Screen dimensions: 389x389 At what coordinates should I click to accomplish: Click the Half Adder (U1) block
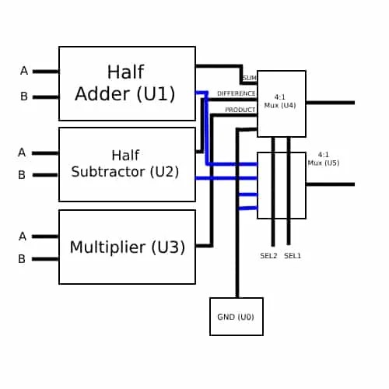coord(127,83)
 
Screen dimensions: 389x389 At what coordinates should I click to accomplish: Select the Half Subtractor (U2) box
coord(127,164)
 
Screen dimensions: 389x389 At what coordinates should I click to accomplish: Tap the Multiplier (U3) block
coord(127,247)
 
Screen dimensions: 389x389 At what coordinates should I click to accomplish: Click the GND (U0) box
coord(237,317)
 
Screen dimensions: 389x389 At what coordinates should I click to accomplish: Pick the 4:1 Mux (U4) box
coord(282,103)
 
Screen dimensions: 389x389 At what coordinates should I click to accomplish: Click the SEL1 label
coord(293,256)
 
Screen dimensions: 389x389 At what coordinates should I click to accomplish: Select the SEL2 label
coord(268,256)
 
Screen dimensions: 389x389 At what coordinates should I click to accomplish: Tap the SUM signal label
coord(249,78)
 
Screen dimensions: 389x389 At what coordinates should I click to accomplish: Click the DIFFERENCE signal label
coord(236,93)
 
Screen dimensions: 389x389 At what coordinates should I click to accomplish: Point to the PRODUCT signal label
coord(240,110)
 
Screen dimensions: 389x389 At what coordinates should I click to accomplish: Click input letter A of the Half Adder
coord(23,71)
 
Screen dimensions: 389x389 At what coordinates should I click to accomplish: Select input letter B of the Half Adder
coord(23,96)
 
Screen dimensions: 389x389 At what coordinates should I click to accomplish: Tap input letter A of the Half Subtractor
coord(22,152)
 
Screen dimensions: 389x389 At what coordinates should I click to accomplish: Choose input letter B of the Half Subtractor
coord(22,175)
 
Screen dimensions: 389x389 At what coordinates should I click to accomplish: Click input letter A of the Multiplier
coord(23,236)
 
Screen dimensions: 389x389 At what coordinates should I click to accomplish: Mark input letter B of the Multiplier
coord(23,259)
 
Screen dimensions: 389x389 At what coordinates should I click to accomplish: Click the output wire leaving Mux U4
coord(331,103)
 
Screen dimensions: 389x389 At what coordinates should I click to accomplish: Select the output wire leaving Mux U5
coord(331,184)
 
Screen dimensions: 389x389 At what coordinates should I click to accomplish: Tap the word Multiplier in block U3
coord(107,247)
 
